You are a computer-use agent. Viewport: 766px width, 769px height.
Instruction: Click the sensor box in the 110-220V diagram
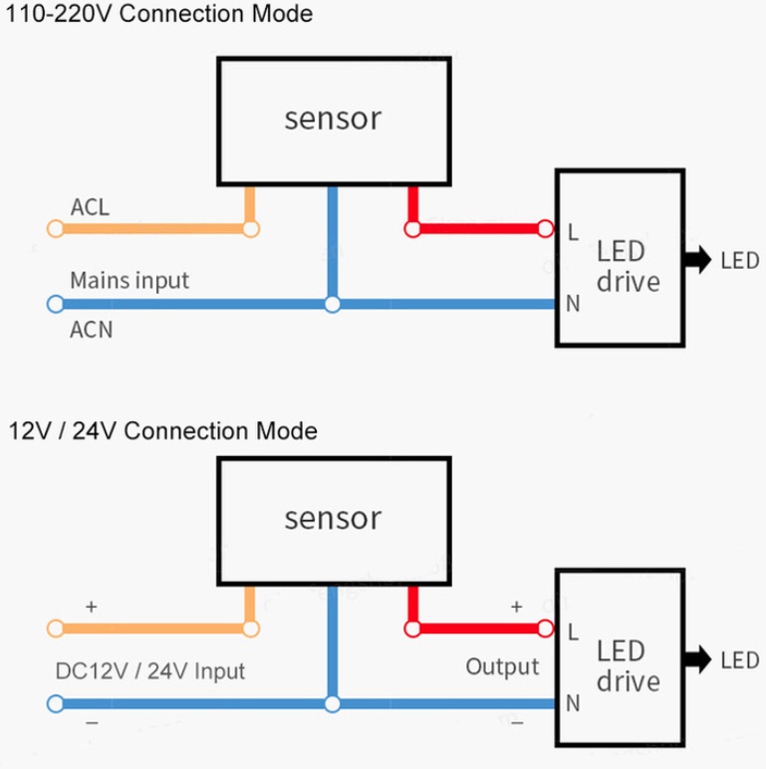(x=333, y=120)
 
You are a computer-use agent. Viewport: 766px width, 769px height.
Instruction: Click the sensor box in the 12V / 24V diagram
(x=333, y=518)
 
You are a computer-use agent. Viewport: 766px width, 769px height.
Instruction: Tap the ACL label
(x=90, y=207)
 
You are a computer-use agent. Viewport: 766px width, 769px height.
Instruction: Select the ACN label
(x=91, y=330)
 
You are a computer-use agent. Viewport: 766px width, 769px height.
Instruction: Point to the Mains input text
(x=128, y=280)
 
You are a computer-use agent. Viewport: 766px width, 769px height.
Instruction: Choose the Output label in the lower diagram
(x=502, y=666)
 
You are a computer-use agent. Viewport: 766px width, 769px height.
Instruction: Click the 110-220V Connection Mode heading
(x=159, y=15)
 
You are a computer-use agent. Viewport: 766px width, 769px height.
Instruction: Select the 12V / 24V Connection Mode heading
(x=163, y=431)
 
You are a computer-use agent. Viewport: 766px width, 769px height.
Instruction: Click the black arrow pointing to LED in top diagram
(x=694, y=261)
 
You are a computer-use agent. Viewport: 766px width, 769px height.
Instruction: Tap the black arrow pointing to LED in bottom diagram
(x=694, y=659)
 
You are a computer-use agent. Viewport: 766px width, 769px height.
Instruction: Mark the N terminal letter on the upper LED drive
(x=573, y=304)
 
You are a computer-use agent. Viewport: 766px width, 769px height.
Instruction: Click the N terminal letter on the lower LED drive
(x=573, y=703)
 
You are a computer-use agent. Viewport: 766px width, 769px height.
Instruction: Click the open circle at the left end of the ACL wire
(x=54, y=228)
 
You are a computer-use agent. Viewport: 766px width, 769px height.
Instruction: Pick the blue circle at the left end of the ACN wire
(x=54, y=304)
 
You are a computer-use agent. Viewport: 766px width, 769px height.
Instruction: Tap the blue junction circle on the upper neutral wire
(x=333, y=304)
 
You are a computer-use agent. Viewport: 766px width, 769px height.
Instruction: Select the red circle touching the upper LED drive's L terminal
(x=545, y=228)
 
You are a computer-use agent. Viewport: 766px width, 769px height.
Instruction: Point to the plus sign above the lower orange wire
(x=91, y=606)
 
